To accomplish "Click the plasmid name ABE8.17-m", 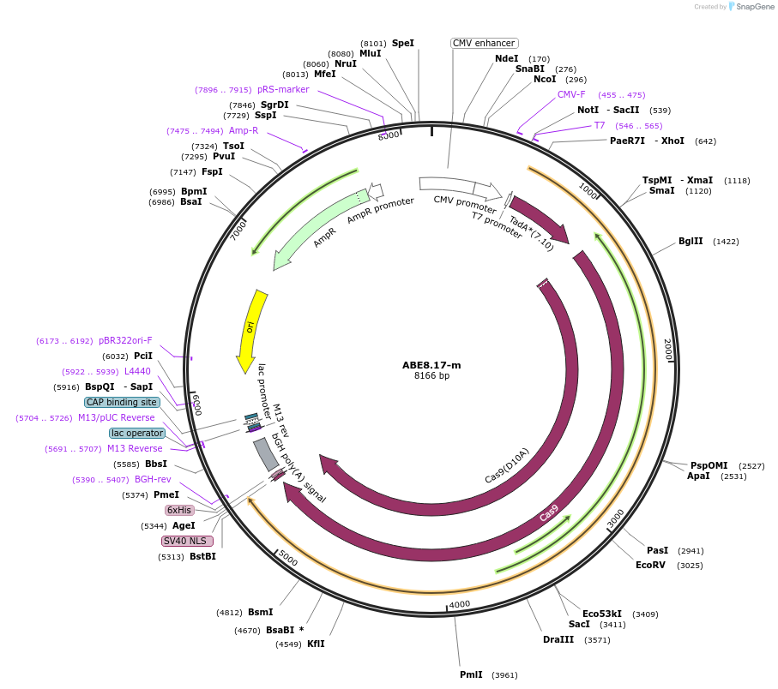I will [x=431, y=365].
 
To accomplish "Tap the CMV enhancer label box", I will [x=484, y=43].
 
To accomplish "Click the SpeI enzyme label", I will [x=402, y=43].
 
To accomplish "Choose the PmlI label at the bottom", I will [x=471, y=674].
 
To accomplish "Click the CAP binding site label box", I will [x=122, y=402].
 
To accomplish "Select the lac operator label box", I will [x=136, y=433].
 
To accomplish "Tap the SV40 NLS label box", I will [x=187, y=541].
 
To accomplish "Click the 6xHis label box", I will [x=179, y=510].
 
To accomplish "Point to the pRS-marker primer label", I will [x=283, y=89].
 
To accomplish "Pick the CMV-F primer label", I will [x=571, y=94].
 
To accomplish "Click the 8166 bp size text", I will [x=431, y=375].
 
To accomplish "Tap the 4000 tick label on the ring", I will [x=460, y=603].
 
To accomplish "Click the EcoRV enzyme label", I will [x=650, y=565].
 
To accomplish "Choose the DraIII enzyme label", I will [x=558, y=639].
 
